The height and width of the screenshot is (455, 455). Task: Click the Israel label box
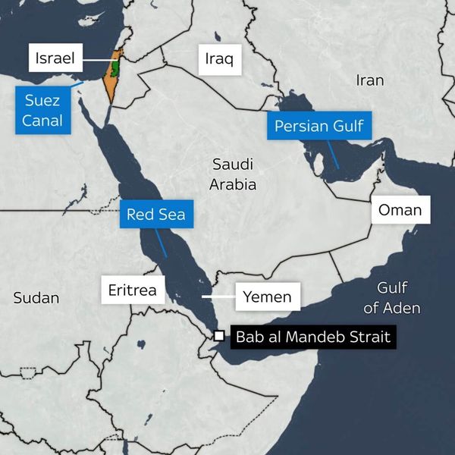(55, 58)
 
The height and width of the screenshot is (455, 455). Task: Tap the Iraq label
(220, 58)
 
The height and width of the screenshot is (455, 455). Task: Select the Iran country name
(369, 80)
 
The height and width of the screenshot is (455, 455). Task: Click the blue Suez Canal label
(43, 110)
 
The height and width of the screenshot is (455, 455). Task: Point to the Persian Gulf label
(319, 126)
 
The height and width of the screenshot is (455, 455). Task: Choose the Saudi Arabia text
(234, 174)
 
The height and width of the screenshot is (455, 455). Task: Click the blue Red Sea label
(155, 214)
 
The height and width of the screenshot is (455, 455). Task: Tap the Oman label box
(400, 209)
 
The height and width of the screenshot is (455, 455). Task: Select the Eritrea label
(133, 290)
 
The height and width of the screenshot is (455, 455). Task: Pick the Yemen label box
(268, 297)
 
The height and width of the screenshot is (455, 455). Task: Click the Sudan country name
(36, 298)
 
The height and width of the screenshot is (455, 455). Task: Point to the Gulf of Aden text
(392, 298)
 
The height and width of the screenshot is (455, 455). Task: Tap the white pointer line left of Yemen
(220, 296)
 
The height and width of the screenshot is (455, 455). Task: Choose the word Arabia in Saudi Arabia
(234, 184)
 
